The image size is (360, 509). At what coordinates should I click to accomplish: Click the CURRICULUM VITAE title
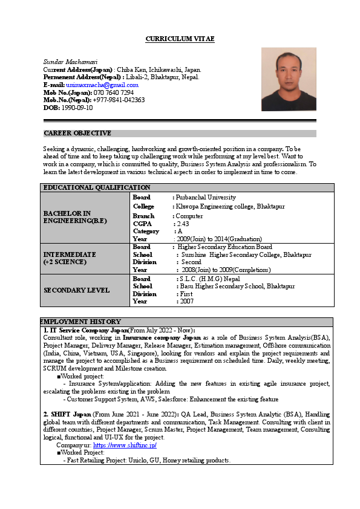pyautogui.click(x=180, y=39)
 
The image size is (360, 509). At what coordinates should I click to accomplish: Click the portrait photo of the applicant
pyautogui.click(x=289, y=79)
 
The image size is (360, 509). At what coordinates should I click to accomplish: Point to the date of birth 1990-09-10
pyautogui.click(x=77, y=108)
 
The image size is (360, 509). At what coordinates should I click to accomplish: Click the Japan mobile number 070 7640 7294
pyautogui.click(x=114, y=92)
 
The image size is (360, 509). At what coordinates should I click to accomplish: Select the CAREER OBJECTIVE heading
pyautogui.click(x=77, y=133)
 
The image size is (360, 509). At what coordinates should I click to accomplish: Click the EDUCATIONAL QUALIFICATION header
pyautogui.click(x=97, y=187)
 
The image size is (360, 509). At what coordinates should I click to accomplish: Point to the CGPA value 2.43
pyautogui.click(x=183, y=224)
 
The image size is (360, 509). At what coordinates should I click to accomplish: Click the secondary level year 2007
pyautogui.click(x=186, y=301)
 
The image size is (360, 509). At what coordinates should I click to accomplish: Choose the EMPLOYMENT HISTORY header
pyautogui.click(x=81, y=322)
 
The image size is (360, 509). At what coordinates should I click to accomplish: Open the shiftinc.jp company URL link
pyautogui.click(x=125, y=445)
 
